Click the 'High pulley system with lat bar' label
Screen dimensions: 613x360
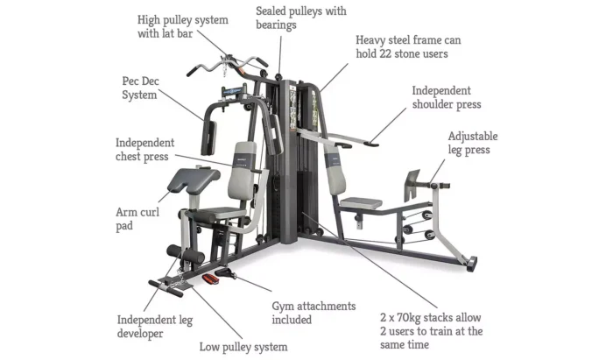pyautogui.click(x=182, y=26)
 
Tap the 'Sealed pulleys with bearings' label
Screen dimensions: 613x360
pyautogui.click(x=301, y=18)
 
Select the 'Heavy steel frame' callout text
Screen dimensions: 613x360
pyautogui.click(x=408, y=47)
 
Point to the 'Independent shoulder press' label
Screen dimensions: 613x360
pyautogui.click(x=447, y=97)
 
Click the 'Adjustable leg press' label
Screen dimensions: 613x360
pyautogui.click(x=473, y=143)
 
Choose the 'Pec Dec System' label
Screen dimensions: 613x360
pyautogui.click(x=140, y=88)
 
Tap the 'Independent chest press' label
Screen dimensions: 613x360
pyautogui.click(x=144, y=150)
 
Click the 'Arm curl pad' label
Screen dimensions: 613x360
pyautogui.click(x=137, y=219)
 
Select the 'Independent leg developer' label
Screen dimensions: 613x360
pyautogui.click(x=155, y=327)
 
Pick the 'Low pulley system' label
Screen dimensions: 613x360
pyautogui.click(x=243, y=347)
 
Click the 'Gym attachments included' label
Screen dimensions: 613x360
pyautogui.click(x=314, y=313)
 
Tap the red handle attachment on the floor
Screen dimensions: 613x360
pyautogui.click(x=210, y=279)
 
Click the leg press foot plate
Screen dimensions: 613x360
pyautogui.click(x=412, y=186)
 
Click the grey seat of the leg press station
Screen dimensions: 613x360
pyautogui.click(x=361, y=203)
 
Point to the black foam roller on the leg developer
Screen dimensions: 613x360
pyautogui.click(x=186, y=254)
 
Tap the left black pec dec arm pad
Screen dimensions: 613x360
pyautogui.click(x=208, y=138)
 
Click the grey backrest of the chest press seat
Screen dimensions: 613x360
pyautogui.click(x=242, y=171)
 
